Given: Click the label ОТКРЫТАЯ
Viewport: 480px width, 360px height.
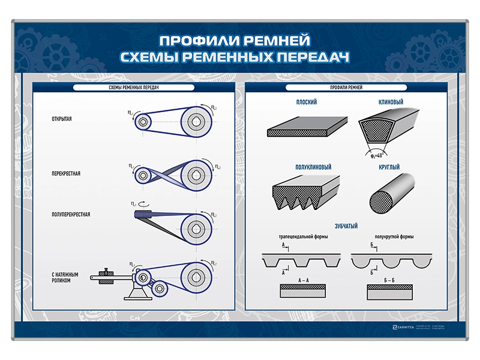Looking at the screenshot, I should coord(62,119).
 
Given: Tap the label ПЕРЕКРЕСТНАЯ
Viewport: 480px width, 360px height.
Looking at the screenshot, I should coord(65,174).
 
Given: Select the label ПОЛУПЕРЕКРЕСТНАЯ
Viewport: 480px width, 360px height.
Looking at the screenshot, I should coord(71,214).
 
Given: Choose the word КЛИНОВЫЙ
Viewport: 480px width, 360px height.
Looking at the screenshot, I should coord(391,103).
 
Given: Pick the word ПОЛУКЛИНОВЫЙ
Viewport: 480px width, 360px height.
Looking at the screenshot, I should coord(313,167).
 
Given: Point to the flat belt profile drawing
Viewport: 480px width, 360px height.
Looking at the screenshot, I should coord(307,127).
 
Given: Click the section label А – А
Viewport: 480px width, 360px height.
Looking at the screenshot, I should coord(304,280).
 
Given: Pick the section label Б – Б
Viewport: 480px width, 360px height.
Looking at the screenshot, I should coord(389,280).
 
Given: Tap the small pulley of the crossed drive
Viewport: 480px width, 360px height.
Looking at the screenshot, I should coord(143,175).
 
